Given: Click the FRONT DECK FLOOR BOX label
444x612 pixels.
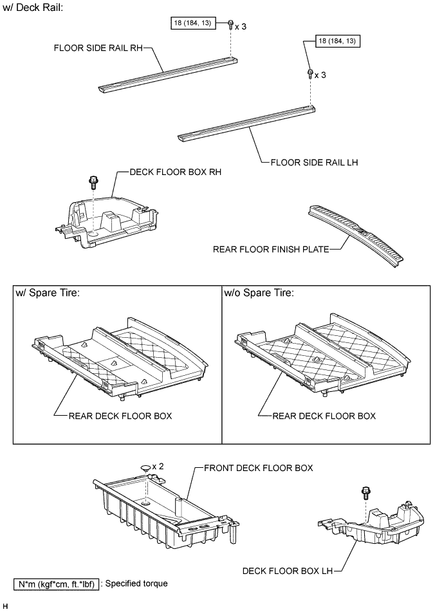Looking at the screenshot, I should point(258,468).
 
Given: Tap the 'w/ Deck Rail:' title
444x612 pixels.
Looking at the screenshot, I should point(33,10).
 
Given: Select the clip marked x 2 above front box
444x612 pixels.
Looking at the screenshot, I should point(147,469).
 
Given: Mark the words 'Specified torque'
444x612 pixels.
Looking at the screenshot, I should point(137,584).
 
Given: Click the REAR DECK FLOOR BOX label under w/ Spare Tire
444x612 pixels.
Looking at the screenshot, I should point(120,416).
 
